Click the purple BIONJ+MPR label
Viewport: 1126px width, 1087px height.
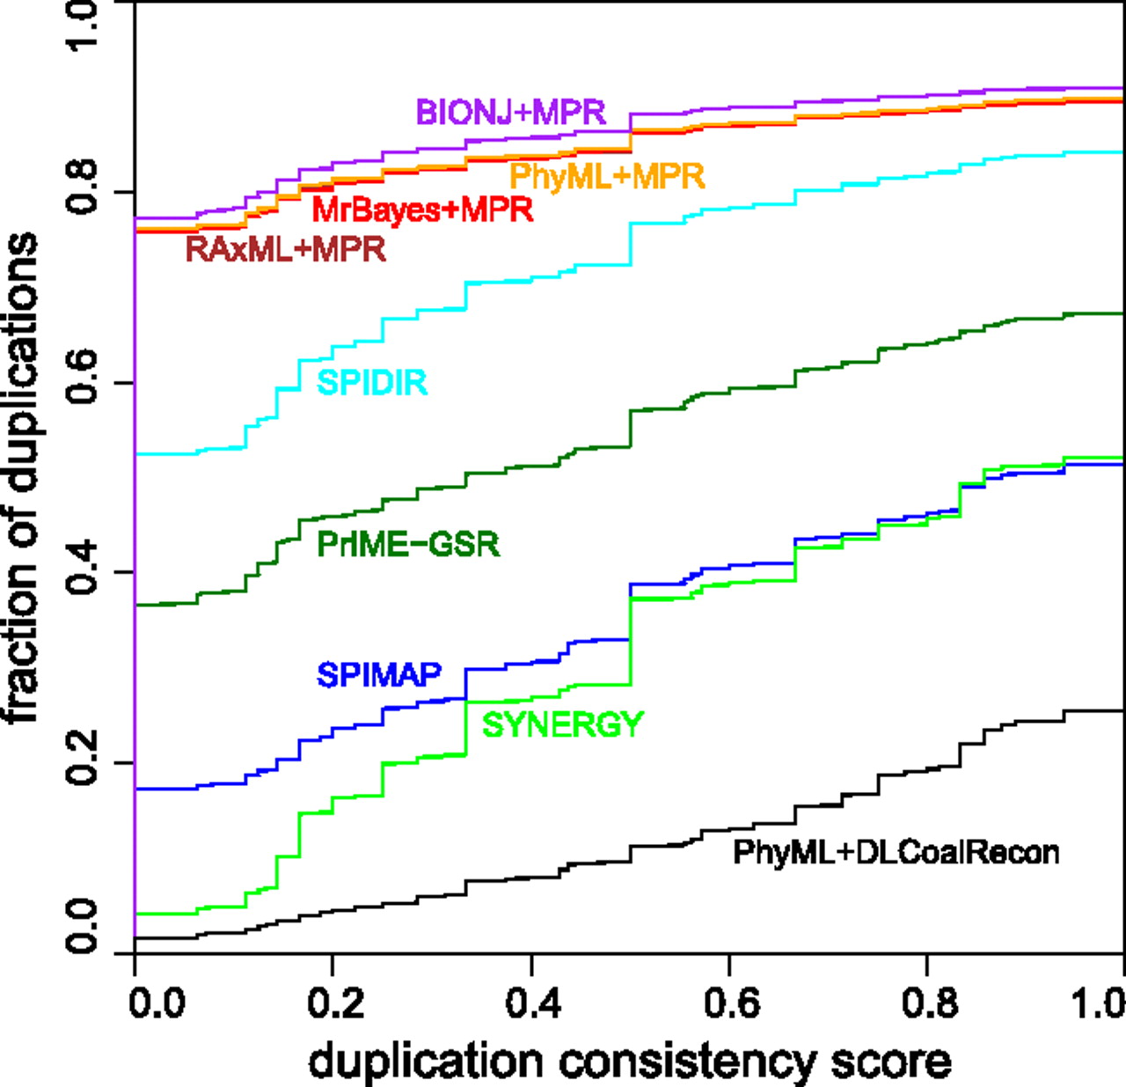pos(510,112)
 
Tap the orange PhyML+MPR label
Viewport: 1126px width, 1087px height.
pos(607,176)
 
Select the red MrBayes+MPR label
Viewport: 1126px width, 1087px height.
pos(422,209)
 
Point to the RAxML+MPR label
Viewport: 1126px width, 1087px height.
pos(286,249)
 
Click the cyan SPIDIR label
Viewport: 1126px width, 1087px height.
pos(372,382)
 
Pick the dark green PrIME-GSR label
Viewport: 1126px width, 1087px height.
pos(408,544)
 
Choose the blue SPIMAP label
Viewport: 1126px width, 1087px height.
pos(379,674)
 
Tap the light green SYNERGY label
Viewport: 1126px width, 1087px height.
pos(563,724)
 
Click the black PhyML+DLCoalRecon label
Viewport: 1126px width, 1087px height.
pos(896,852)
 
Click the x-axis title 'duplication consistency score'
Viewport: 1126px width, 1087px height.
pos(629,1061)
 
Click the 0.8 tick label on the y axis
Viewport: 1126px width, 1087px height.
pos(83,191)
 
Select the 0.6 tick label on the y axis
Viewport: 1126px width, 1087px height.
pos(83,382)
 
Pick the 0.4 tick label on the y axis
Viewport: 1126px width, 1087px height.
pos(83,572)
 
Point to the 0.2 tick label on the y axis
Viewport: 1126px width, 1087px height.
pos(83,762)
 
